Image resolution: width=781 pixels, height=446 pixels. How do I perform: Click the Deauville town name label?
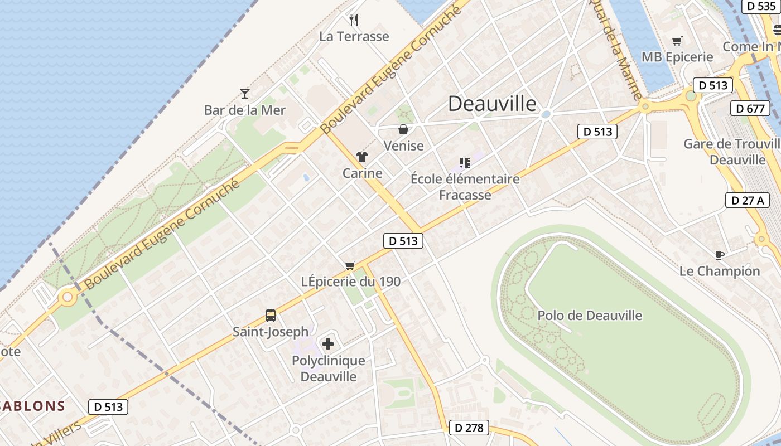492,103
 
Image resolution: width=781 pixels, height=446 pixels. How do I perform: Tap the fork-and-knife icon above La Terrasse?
354,20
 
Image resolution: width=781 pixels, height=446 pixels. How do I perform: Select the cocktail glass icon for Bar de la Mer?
244,93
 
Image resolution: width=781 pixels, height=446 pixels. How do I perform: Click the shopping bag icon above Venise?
403,129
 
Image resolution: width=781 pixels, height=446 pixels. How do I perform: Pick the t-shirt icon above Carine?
362,157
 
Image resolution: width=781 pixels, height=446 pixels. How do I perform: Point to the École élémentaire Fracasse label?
465,187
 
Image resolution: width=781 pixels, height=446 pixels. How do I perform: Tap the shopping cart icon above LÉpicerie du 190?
350,265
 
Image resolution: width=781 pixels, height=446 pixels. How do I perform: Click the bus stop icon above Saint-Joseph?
271,316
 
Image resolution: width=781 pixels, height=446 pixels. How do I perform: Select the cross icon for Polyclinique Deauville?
328,343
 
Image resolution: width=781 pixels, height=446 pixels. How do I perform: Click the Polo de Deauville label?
590,316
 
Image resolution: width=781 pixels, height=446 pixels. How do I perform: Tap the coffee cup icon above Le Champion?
720,255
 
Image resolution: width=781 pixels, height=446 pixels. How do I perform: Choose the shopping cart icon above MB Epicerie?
677,41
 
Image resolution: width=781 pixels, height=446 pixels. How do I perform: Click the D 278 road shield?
469,428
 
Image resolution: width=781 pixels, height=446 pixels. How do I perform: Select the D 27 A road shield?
747,200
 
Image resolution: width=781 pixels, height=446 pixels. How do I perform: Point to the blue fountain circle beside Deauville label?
546,114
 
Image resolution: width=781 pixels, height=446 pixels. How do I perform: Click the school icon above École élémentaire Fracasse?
465,163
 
